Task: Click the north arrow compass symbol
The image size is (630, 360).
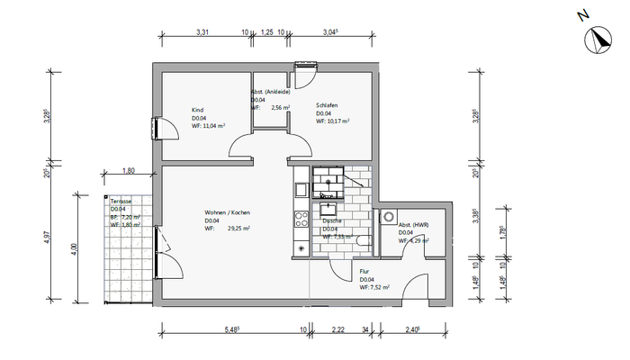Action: click(597, 39)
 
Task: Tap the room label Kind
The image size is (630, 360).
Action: click(197, 111)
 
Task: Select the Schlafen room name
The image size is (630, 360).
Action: click(327, 105)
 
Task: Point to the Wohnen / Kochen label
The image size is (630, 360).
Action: click(226, 211)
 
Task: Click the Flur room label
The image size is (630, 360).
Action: click(364, 271)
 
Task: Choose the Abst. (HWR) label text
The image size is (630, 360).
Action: click(413, 225)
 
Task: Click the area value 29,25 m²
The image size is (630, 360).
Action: click(238, 229)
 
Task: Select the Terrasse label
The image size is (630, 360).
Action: click(120, 201)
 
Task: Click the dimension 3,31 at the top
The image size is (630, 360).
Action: click(203, 33)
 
